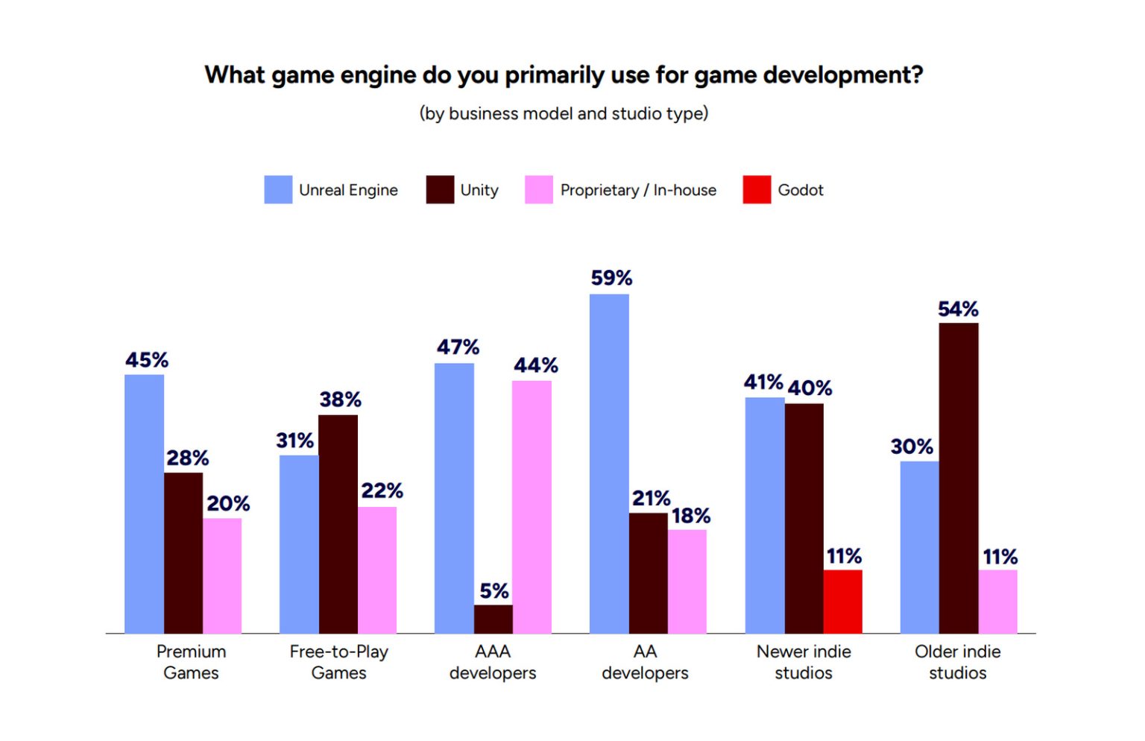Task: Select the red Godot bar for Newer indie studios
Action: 842,602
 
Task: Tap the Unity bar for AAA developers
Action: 493,619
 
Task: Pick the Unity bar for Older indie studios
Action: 958,478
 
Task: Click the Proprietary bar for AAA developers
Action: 532,507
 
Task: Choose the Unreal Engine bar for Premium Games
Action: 144,504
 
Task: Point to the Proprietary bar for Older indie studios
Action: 997,602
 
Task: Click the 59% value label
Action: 611,278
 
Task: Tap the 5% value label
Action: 494,591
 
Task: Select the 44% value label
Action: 535,365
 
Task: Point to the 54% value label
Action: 958,309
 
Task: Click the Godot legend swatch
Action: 757,190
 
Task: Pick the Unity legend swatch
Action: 440,190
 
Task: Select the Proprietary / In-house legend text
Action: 638,190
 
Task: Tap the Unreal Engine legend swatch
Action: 278,190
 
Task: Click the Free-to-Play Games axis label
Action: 338,662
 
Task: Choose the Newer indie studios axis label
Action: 804,662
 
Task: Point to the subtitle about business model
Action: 564,113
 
